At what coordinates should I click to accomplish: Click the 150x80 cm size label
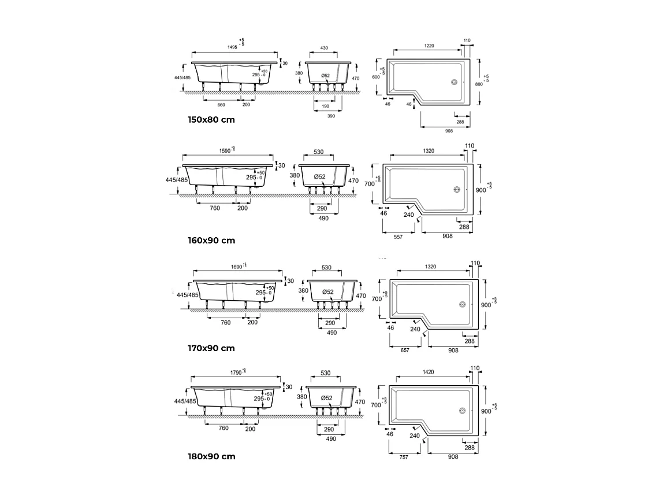point(211,120)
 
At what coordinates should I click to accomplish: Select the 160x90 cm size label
point(211,240)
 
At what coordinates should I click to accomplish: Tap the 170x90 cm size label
point(211,348)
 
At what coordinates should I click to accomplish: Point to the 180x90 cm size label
point(211,456)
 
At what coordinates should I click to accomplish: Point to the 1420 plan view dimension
point(428,372)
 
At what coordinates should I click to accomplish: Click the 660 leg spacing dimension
point(221,105)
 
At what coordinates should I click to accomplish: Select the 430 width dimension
point(324,49)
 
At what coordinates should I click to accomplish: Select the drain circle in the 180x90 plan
point(462,411)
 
